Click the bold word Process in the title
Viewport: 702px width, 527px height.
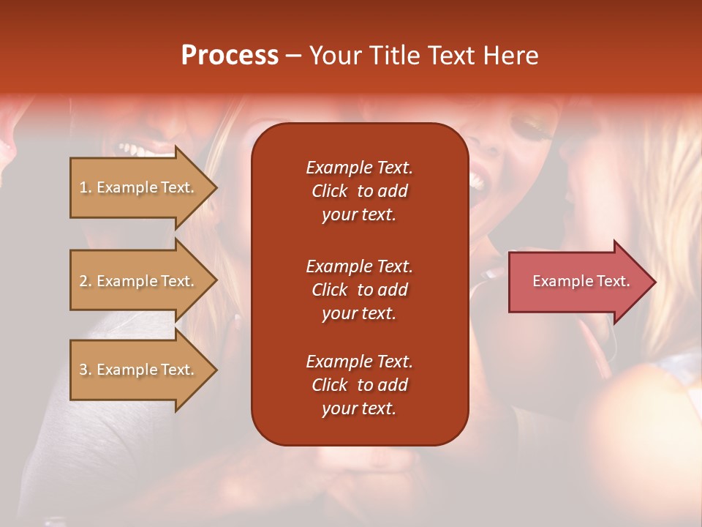230,56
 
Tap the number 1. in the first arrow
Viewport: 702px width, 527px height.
86,187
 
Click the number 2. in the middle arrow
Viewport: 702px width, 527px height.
86,281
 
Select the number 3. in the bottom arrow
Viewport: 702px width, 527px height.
86,370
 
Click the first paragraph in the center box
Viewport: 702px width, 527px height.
359,191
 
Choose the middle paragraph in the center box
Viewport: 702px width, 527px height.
359,289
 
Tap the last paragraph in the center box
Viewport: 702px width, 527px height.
359,385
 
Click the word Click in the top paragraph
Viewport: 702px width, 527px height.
329,191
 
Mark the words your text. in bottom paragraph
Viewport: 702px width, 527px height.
359,409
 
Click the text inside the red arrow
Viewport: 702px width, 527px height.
581,281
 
